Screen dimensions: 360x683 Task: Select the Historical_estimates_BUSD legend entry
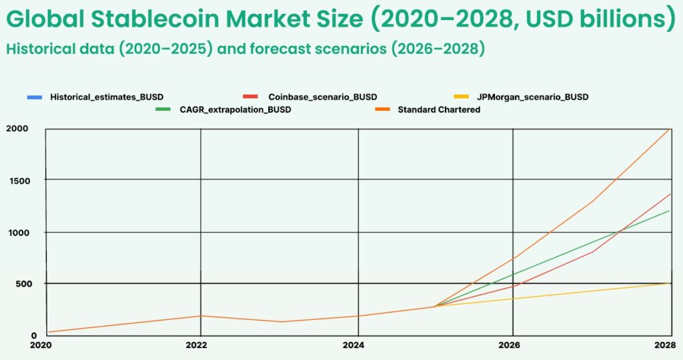point(106,97)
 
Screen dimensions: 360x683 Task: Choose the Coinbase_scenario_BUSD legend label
point(322,97)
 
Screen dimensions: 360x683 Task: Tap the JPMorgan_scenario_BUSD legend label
point(532,97)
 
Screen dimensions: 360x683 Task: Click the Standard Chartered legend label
point(439,109)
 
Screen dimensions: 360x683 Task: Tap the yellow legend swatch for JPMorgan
point(462,97)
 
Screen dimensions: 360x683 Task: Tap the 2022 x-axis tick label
point(197,345)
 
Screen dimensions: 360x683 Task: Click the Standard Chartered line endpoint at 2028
point(669,129)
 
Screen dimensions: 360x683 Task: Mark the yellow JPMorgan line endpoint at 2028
point(669,283)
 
